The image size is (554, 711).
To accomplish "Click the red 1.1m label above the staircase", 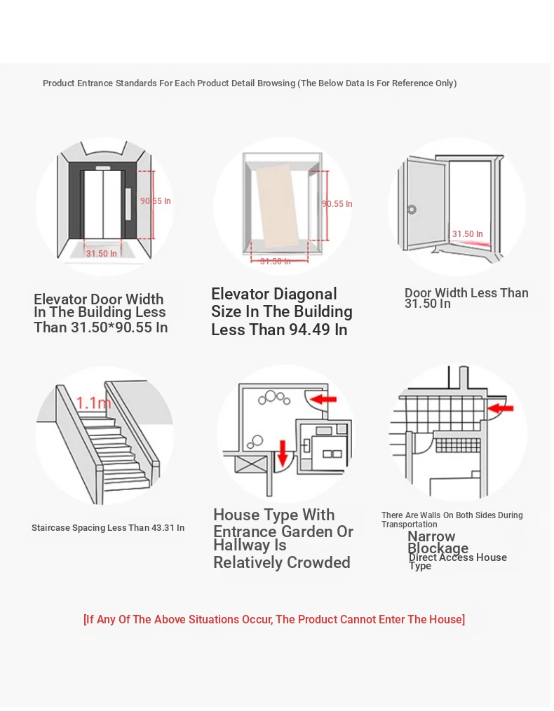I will click(93, 403).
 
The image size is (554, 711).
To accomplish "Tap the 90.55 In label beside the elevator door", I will click(155, 201).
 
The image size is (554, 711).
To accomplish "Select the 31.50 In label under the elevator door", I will click(102, 254).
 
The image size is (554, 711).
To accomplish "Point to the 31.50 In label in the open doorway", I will click(467, 234).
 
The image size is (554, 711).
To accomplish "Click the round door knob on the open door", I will click(412, 209).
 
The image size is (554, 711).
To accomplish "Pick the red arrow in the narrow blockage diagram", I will click(501, 407).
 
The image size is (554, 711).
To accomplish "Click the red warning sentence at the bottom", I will click(273, 619).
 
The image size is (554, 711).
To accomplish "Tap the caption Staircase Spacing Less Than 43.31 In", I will click(108, 528).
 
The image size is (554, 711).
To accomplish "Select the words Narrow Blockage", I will click(438, 542).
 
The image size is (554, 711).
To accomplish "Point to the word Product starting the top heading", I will click(58, 83).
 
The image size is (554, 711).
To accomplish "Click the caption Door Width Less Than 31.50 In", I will click(466, 298).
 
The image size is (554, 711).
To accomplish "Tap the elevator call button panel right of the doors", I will click(128, 203).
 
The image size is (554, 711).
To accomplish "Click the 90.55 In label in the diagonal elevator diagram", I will click(337, 204).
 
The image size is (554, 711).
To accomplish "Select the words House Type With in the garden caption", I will click(273, 515).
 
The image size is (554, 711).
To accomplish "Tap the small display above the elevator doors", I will click(103, 168).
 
